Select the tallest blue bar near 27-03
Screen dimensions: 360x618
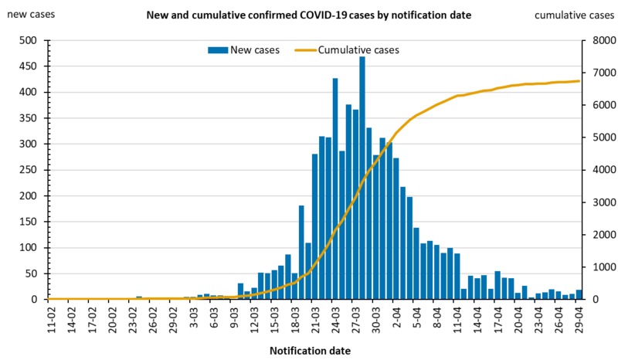pyautogui.click(x=362, y=178)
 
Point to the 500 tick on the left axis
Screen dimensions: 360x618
pyautogui.click(x=29, y=40)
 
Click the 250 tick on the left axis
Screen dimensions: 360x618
pyautogui.click(x=29, y=170)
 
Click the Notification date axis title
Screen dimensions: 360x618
pyautogui.click(x=310, y=351)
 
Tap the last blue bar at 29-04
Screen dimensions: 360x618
pyautogui.click(x=579, y=294)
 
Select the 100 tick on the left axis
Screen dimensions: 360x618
pyautogui.click(x=29, y=247)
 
